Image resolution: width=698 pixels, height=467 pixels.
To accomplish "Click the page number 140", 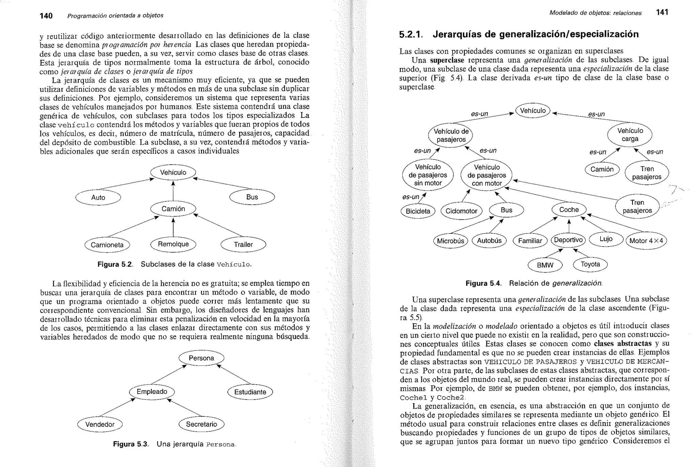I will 46,16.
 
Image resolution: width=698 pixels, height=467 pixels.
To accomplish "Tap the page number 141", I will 662,13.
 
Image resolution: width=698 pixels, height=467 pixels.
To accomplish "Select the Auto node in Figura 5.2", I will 98,197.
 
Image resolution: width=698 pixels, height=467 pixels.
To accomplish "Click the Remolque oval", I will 173,244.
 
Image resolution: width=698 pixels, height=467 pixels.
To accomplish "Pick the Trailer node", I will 243,244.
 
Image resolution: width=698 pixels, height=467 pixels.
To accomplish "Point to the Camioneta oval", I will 107,245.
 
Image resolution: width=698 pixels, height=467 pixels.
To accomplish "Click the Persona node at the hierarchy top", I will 201,358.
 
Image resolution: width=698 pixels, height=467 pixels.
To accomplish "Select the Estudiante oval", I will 250,392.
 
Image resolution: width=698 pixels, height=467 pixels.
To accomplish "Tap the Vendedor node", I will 100,424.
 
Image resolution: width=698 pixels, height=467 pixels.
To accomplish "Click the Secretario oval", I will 201,424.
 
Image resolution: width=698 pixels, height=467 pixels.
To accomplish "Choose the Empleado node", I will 152,392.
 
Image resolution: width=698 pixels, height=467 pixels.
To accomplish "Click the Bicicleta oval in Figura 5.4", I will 418,211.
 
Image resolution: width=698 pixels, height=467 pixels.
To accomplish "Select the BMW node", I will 545,265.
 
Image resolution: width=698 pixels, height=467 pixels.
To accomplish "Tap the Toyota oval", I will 590,264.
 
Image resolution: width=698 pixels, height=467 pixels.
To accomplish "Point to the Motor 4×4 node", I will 646,241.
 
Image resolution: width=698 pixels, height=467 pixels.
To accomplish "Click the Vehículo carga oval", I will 630,135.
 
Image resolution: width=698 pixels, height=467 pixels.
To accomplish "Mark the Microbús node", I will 450,241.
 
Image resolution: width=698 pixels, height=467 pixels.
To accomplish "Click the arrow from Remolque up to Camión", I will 173,227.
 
